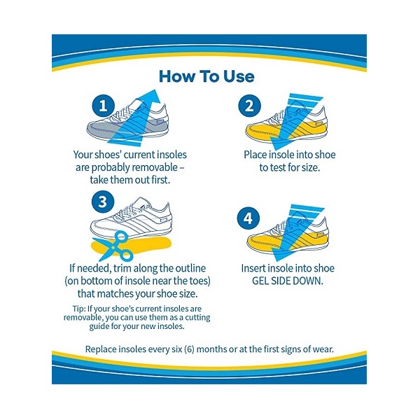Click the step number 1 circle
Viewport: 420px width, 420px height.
(104, 106)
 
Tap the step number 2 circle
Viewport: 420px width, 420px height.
(249, 106)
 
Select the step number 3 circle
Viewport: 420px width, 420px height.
(103, 202)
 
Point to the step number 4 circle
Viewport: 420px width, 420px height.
(248, 218)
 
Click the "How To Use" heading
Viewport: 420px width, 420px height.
(206, 76)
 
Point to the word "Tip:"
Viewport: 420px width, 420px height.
(78, 309)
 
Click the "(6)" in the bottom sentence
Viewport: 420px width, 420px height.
(189, 349)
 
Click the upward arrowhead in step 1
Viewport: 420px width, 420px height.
(153, 97)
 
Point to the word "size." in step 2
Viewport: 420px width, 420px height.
(311, 168)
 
